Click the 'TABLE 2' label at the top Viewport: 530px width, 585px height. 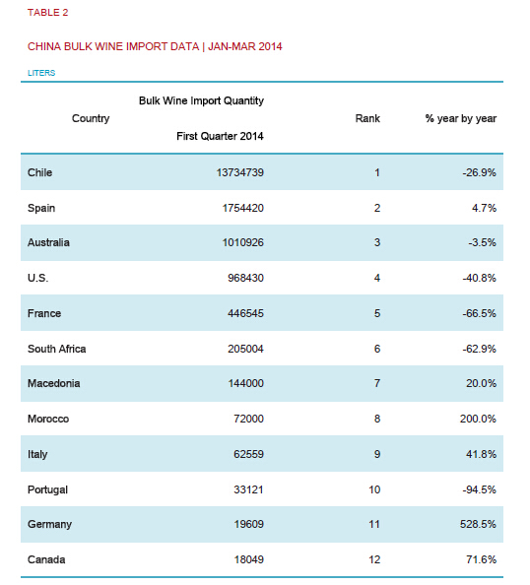point(47,13)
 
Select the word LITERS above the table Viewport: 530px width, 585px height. point(41,73)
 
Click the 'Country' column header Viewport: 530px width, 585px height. point(91,118)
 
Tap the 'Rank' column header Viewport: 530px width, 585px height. point(367,118)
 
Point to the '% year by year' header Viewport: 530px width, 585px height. point(461,118)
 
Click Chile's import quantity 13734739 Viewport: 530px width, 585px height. point(240,172)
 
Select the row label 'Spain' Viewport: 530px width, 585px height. point(41,208)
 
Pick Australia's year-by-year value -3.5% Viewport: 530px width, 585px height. point(483,242)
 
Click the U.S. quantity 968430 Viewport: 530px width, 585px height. point(246,278)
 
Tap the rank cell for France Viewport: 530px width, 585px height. point(377,313)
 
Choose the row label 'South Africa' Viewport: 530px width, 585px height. point(57,349)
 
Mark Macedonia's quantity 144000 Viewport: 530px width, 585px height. point(246,383)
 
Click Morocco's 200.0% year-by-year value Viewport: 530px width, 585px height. point(478,419)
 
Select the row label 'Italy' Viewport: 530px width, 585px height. point(37,454)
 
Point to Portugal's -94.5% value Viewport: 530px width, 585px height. point(479,489)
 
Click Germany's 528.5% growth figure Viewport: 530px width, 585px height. point(478,524)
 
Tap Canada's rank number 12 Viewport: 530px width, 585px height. point(374,559)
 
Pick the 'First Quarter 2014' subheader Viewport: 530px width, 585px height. point(220,136)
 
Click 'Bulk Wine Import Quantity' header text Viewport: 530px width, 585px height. point(202,100)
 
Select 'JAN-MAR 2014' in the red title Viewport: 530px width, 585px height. point(245,46)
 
